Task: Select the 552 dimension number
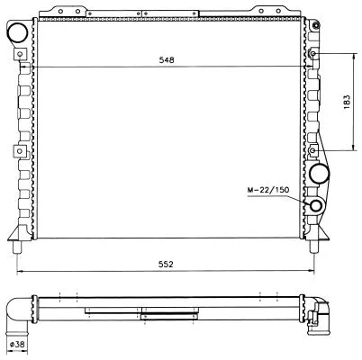(x=167, y=264)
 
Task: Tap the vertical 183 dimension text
(x=348, y=102)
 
